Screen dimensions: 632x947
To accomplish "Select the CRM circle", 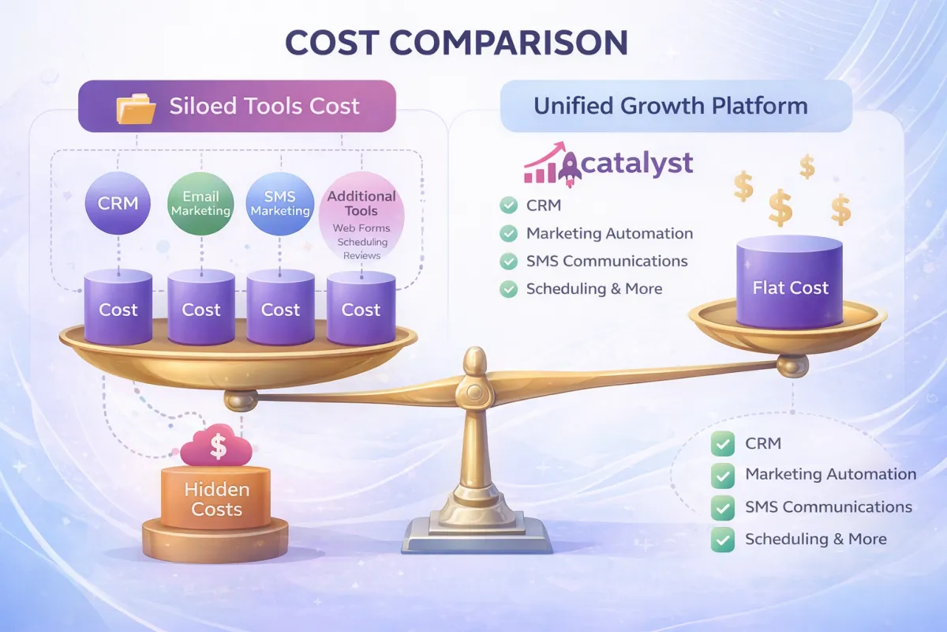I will pos(118,203).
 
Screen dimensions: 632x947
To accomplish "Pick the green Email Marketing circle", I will pos(200,204).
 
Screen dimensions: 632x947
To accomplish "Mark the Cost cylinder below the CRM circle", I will pos(118,308).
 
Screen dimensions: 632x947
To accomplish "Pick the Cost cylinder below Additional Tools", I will pos(361,309).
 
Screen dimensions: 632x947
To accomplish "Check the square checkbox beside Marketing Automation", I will pos(722,475).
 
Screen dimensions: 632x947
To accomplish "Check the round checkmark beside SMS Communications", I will pos(508,261).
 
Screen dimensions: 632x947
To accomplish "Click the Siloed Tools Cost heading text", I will pos(264,106).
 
